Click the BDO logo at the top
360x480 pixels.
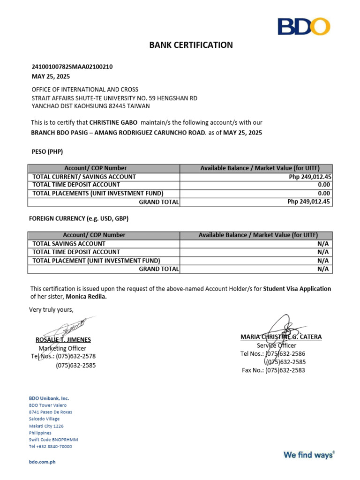coord(303,26)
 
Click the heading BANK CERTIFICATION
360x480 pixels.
coord(191,45)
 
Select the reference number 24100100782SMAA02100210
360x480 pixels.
coord(72,67)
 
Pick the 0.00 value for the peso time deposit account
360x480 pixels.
coord(324,185)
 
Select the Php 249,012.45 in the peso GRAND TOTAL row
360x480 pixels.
coord(309,202)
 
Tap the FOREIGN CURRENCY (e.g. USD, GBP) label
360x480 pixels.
coord(78,218)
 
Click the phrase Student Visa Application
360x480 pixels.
coord(297,289)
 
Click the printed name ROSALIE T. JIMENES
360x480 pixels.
coord(63,340)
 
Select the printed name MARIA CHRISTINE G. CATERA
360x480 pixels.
coord(281,337)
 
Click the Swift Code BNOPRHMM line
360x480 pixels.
coord(53,440)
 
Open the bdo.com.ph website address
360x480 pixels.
coord(42,462)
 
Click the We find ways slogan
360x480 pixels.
coord(309,454)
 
